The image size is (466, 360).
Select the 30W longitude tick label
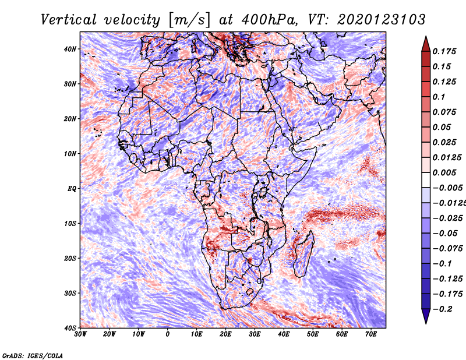click(x=80, y=334)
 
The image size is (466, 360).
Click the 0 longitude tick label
click(x=168, y=334)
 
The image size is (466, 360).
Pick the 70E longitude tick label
click(x=370, y=334)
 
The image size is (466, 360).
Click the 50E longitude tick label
click(x=313, y=334)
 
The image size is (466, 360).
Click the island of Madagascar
click(x=303, y=253)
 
